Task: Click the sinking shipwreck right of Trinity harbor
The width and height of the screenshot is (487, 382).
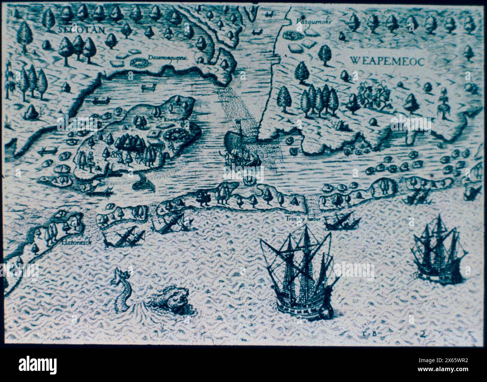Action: (x=339, y=221)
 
